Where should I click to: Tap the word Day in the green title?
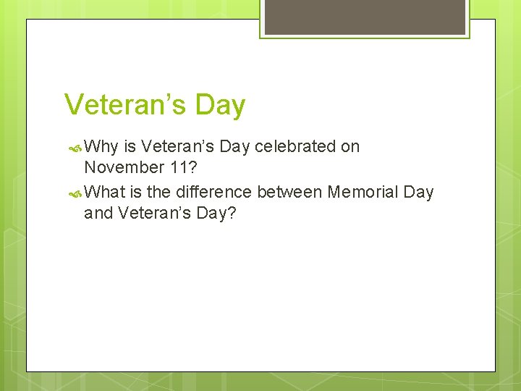[219, 105]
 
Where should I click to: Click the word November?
[124, 167]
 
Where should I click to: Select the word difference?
[212, 192]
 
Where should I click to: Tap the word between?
[289, 192]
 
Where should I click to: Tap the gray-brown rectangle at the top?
[365, 17]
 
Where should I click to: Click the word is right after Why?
[130, 146]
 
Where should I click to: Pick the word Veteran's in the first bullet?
[178, 146]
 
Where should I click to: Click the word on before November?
[350, 146]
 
